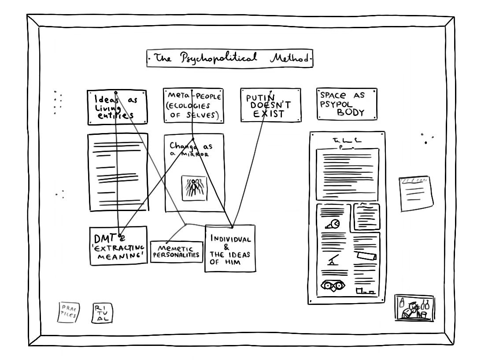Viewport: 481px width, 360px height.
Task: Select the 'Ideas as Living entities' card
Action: [x=117, y=108]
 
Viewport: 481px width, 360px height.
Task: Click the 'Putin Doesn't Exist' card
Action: [x=271, y=105]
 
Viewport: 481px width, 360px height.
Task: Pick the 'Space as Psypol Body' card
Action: [x=347, y=104]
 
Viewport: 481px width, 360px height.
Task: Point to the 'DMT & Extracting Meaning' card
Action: [x=118, y=246]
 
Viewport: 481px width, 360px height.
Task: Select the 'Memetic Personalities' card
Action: [x=177, y=252]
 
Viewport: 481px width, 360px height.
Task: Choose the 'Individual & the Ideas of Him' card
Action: [x=230, y=248]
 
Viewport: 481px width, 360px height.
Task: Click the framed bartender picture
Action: [x=414, y=308]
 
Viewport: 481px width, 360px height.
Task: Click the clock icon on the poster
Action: [x=335, y=224]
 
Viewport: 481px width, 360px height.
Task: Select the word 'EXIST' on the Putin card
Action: [x=271, y=114]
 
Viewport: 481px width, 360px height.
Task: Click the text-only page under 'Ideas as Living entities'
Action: [x=118, y=172]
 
